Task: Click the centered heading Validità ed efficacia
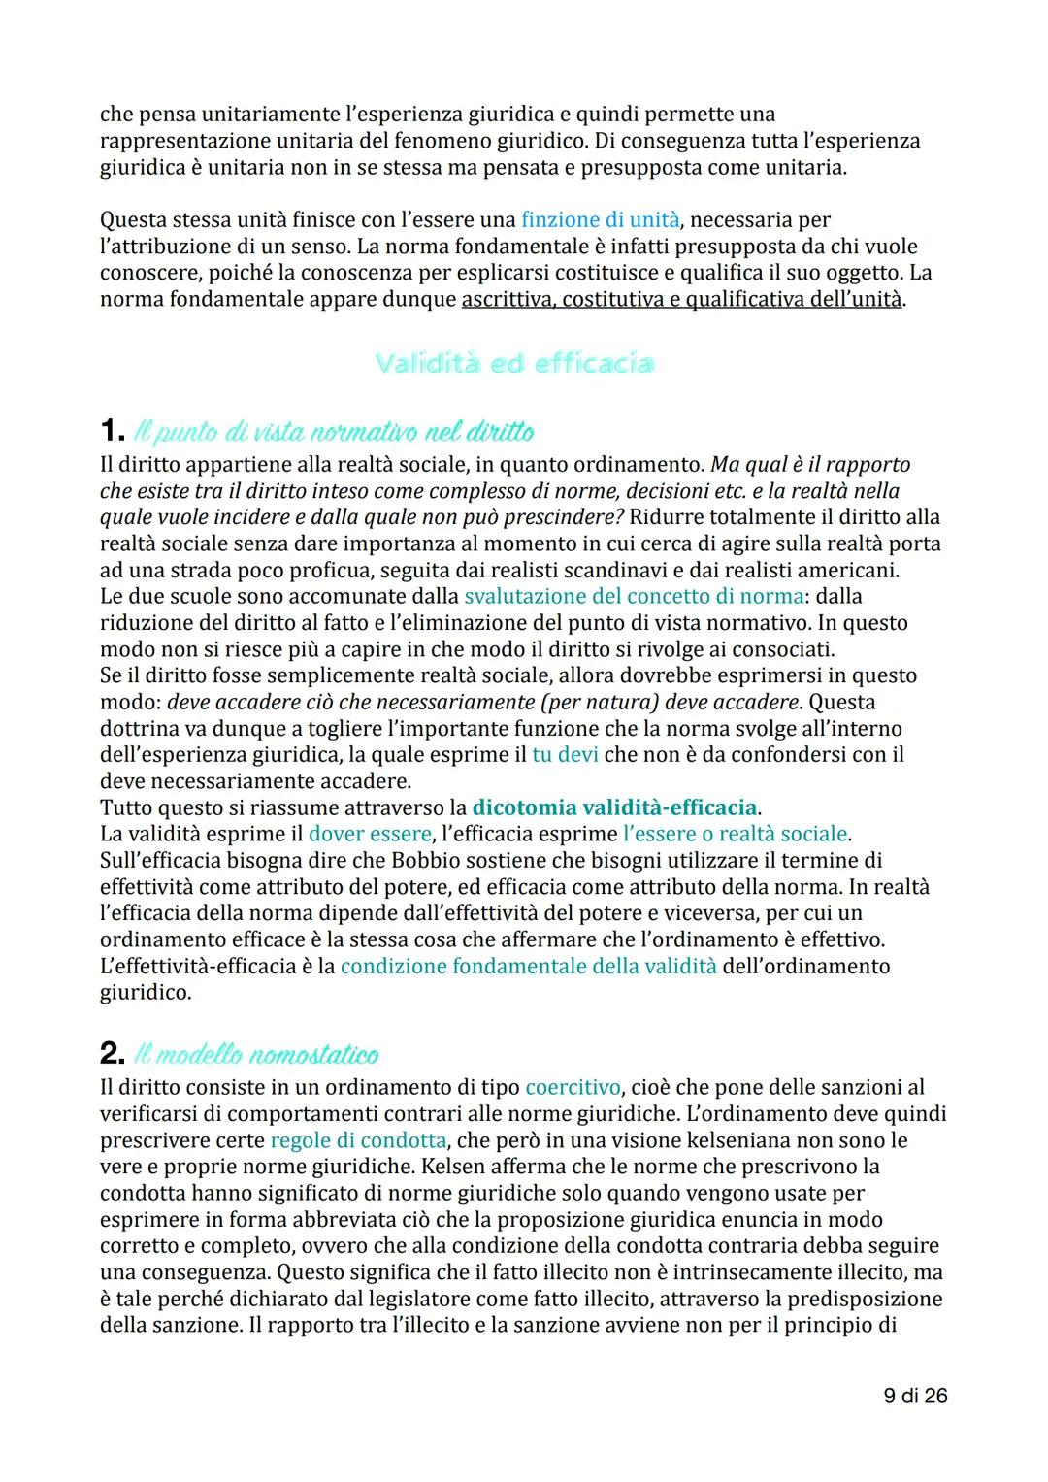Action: pyautogui.click(x=513, y=364)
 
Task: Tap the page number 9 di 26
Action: pyautogui.click(x=915, y=1396)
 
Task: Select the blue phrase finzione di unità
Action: pyautogui.click(x=600, y=220)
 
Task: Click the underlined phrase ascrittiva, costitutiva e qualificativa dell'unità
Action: pyautogui.click(x=681, y=299)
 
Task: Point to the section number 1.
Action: pyautogui.click(x=112, y=430)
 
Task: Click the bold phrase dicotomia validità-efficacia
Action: pyautogui.click(x=614, y=807)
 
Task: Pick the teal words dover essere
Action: pyautogui.click(x=370, y=834)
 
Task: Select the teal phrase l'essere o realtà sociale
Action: pyautogui.click(x=735, y=834)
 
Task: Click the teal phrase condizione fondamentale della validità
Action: pyautogui.click(x=528, y=966)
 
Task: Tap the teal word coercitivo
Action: pyautogui.click(x=573, y=1087)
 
